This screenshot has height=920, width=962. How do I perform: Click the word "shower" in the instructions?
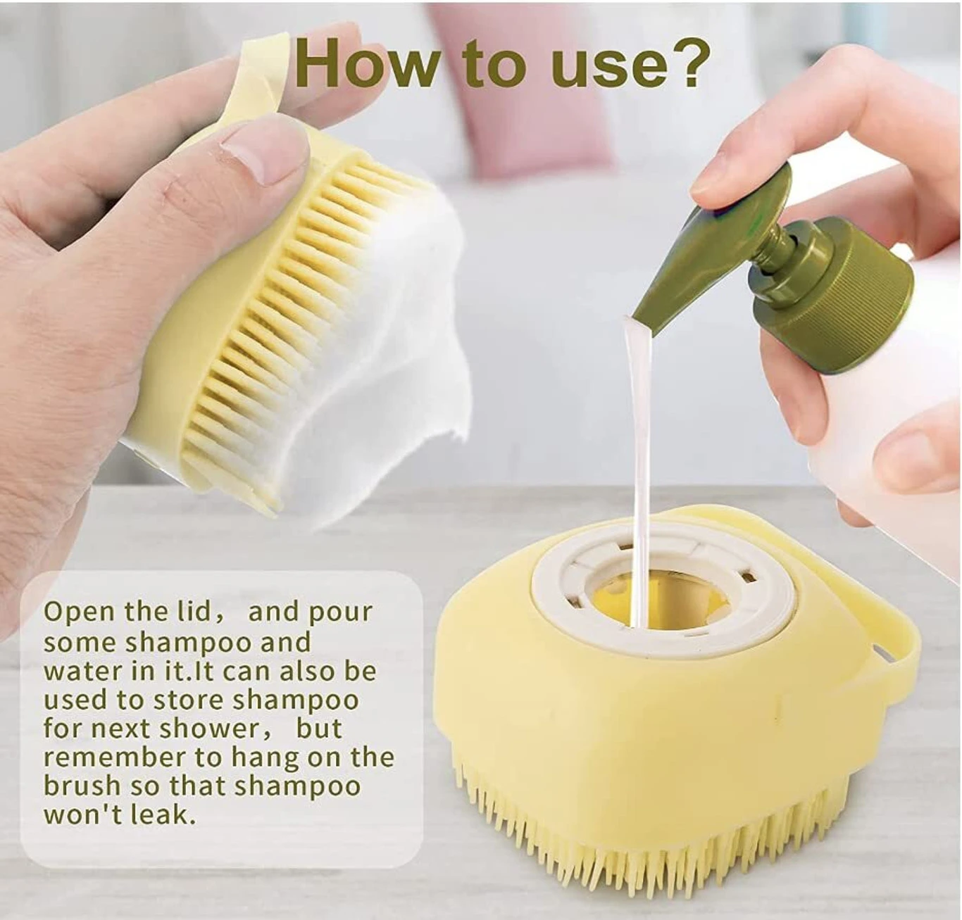(206, 730)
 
